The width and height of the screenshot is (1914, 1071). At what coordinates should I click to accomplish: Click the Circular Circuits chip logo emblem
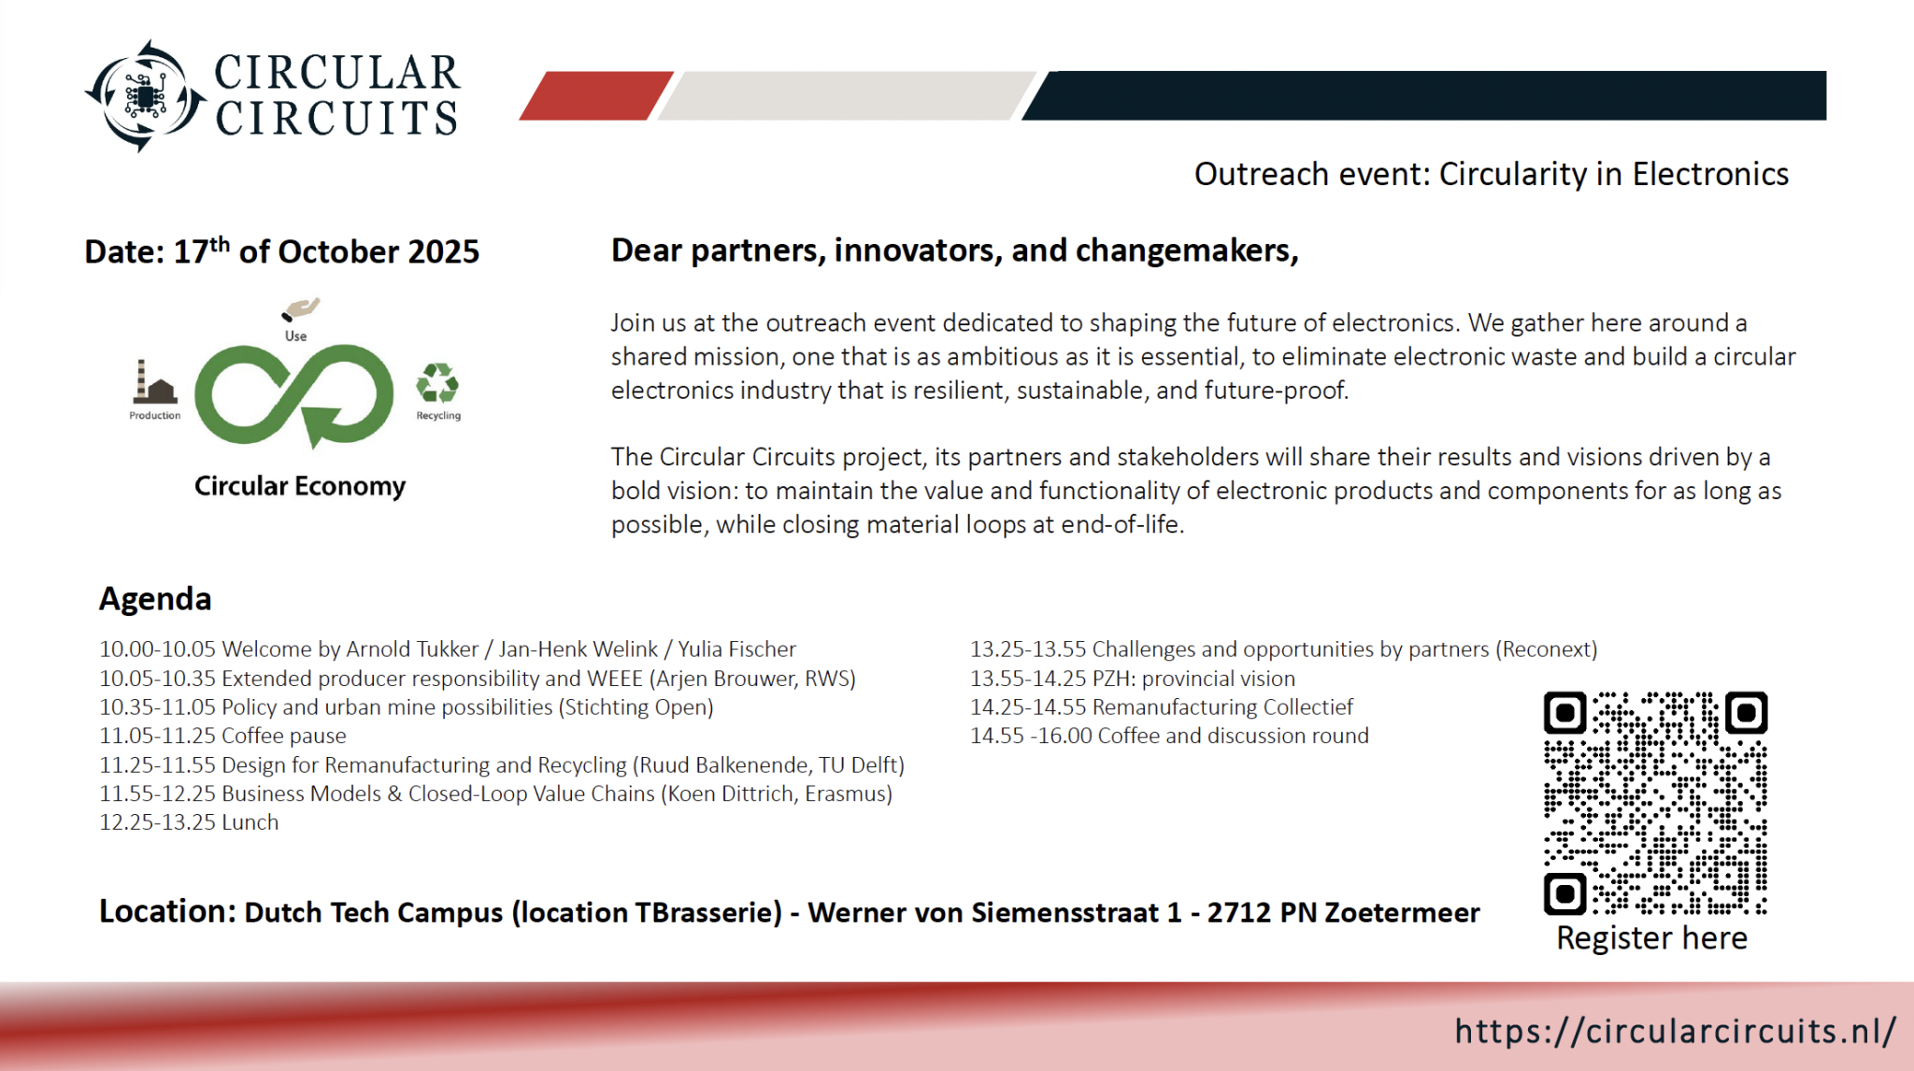pyautogui.click(x=145, y=95)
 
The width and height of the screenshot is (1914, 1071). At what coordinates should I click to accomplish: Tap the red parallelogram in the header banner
pyautogui.click(x=596, y=95)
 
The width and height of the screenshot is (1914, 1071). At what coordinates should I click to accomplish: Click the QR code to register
pyautogui.click(x=1655, y=803)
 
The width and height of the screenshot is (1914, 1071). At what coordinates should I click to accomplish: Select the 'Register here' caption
pyautogui.click(x=1651, y=938)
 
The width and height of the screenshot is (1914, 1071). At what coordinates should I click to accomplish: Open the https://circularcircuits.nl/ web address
pyautogui.click(x=1675, y=1031)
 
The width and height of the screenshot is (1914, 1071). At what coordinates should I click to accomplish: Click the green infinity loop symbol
pyautogui.click(x=294, y=395)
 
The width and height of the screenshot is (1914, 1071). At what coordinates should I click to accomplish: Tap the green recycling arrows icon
pyautogui.click(x=437, y=383)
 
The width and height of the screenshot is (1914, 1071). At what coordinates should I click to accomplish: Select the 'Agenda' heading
pyautogui.click(x=155, y=599)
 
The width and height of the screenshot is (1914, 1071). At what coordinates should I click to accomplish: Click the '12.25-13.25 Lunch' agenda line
pyautogui.click(x=189, y=822)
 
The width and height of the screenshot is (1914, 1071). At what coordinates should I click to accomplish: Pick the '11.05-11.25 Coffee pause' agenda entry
pyautogui.click(x=222, y=736)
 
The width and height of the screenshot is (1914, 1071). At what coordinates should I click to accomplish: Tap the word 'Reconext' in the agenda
pyautogui.click(x=1546, y=650)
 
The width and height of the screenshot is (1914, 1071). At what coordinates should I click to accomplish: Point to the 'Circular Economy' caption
pyautogui.click(x=300, y=487)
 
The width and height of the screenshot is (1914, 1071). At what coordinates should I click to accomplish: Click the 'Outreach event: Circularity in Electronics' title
pyautogui.click(x=1492, y=175)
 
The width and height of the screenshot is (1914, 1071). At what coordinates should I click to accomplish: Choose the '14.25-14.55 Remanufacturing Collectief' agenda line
pyautogui.click(x=1162, y=707)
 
